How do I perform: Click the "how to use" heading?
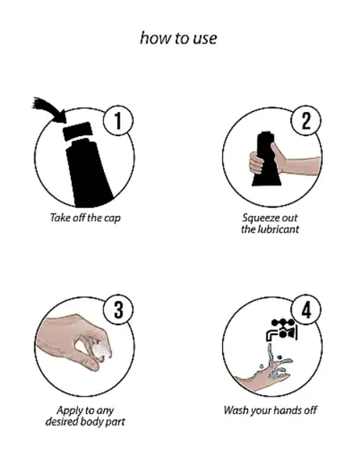coord(179,38)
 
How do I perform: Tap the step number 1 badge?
coord(118,121)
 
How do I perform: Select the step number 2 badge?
coord(306,121)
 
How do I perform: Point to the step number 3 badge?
coord(118,310)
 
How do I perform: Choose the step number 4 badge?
coord(306,310)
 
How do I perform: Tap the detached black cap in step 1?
coord(78,131)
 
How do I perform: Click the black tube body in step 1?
coord(88,172)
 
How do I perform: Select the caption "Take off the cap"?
coord(85,217)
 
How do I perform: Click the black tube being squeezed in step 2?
coord(266,159)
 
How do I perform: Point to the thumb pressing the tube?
coord(277,154)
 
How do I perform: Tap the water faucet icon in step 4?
coord(282,330)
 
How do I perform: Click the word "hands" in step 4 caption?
coord(288,410)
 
